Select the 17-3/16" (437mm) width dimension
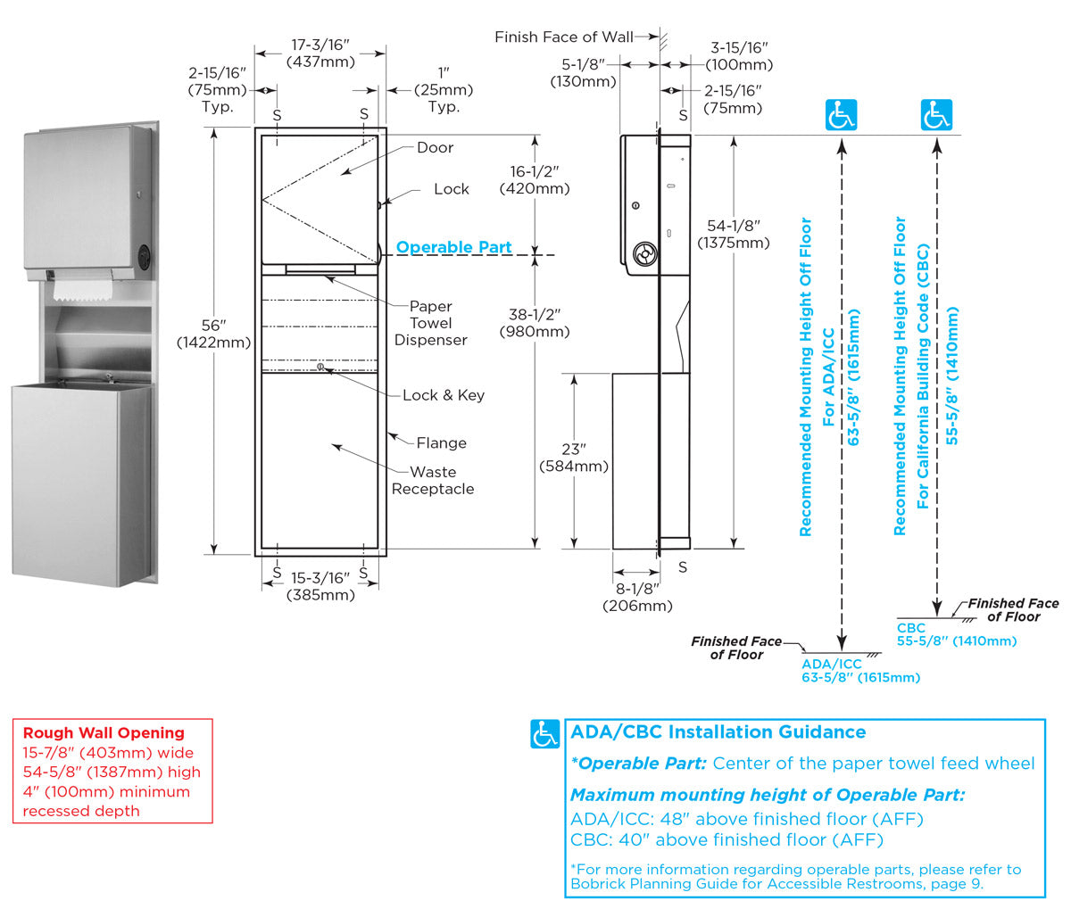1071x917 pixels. pyautogui.click(x=320, y=54)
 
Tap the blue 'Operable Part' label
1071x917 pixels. pyautogui.click(x=453, y=247)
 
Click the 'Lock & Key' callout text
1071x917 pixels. pyautogui.click(x=443, y=395)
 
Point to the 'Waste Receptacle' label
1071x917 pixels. pyautogui.click(x=433, y=480)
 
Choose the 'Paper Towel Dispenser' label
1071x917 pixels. pyautogui.click(x=431, y=323)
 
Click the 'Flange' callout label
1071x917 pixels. pyautogui.click(x=441, y=442)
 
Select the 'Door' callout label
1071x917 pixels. pyautogui.click(x=435, y=147)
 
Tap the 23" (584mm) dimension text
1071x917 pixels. pyautogui.click(x=574, y=458)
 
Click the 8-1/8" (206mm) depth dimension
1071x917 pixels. pyautogui.click(x=637, y=597)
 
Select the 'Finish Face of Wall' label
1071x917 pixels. pyautogui.click(x=564, y=37)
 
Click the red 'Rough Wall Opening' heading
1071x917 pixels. pyautogui.click(x=104, y=732)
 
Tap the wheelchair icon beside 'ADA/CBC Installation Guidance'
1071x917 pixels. pyautogui.click(x=545, y=733)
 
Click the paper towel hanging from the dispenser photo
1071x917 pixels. pyautogui.click(x=81, y=288)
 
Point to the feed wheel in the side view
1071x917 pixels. pyautogui.click(x=643, y=255)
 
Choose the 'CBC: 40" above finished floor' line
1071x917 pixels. pyautogui.click(x=726, y=839)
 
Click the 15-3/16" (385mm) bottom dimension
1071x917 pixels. pyautogui.click(x=320, y=586)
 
